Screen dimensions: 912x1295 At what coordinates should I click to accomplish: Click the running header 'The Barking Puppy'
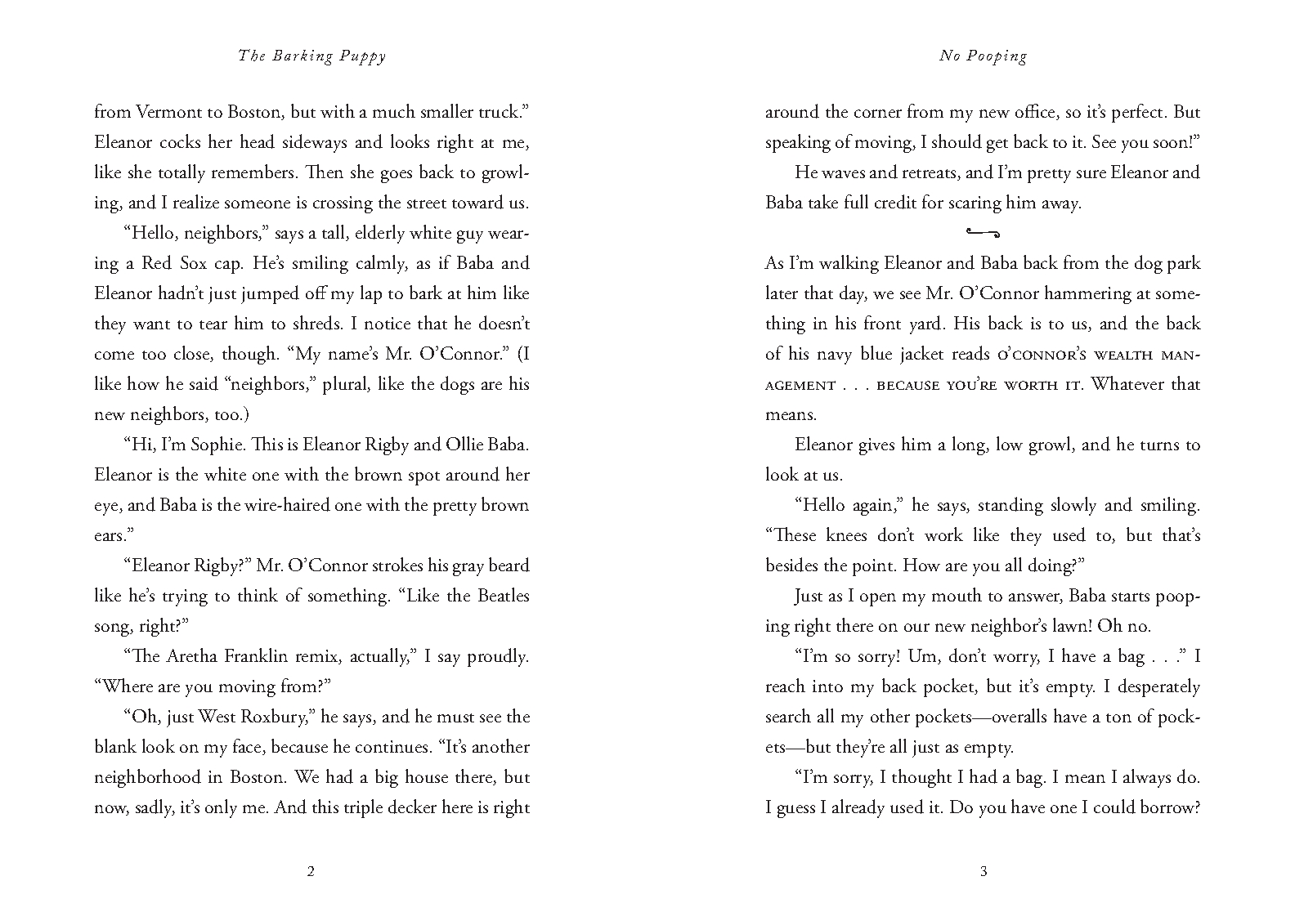311,56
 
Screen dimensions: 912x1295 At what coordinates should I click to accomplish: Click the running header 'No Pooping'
983,56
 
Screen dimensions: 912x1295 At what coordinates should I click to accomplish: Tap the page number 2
311,871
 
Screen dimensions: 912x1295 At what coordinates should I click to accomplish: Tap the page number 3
983,871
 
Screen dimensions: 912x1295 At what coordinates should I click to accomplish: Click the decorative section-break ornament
983,233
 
